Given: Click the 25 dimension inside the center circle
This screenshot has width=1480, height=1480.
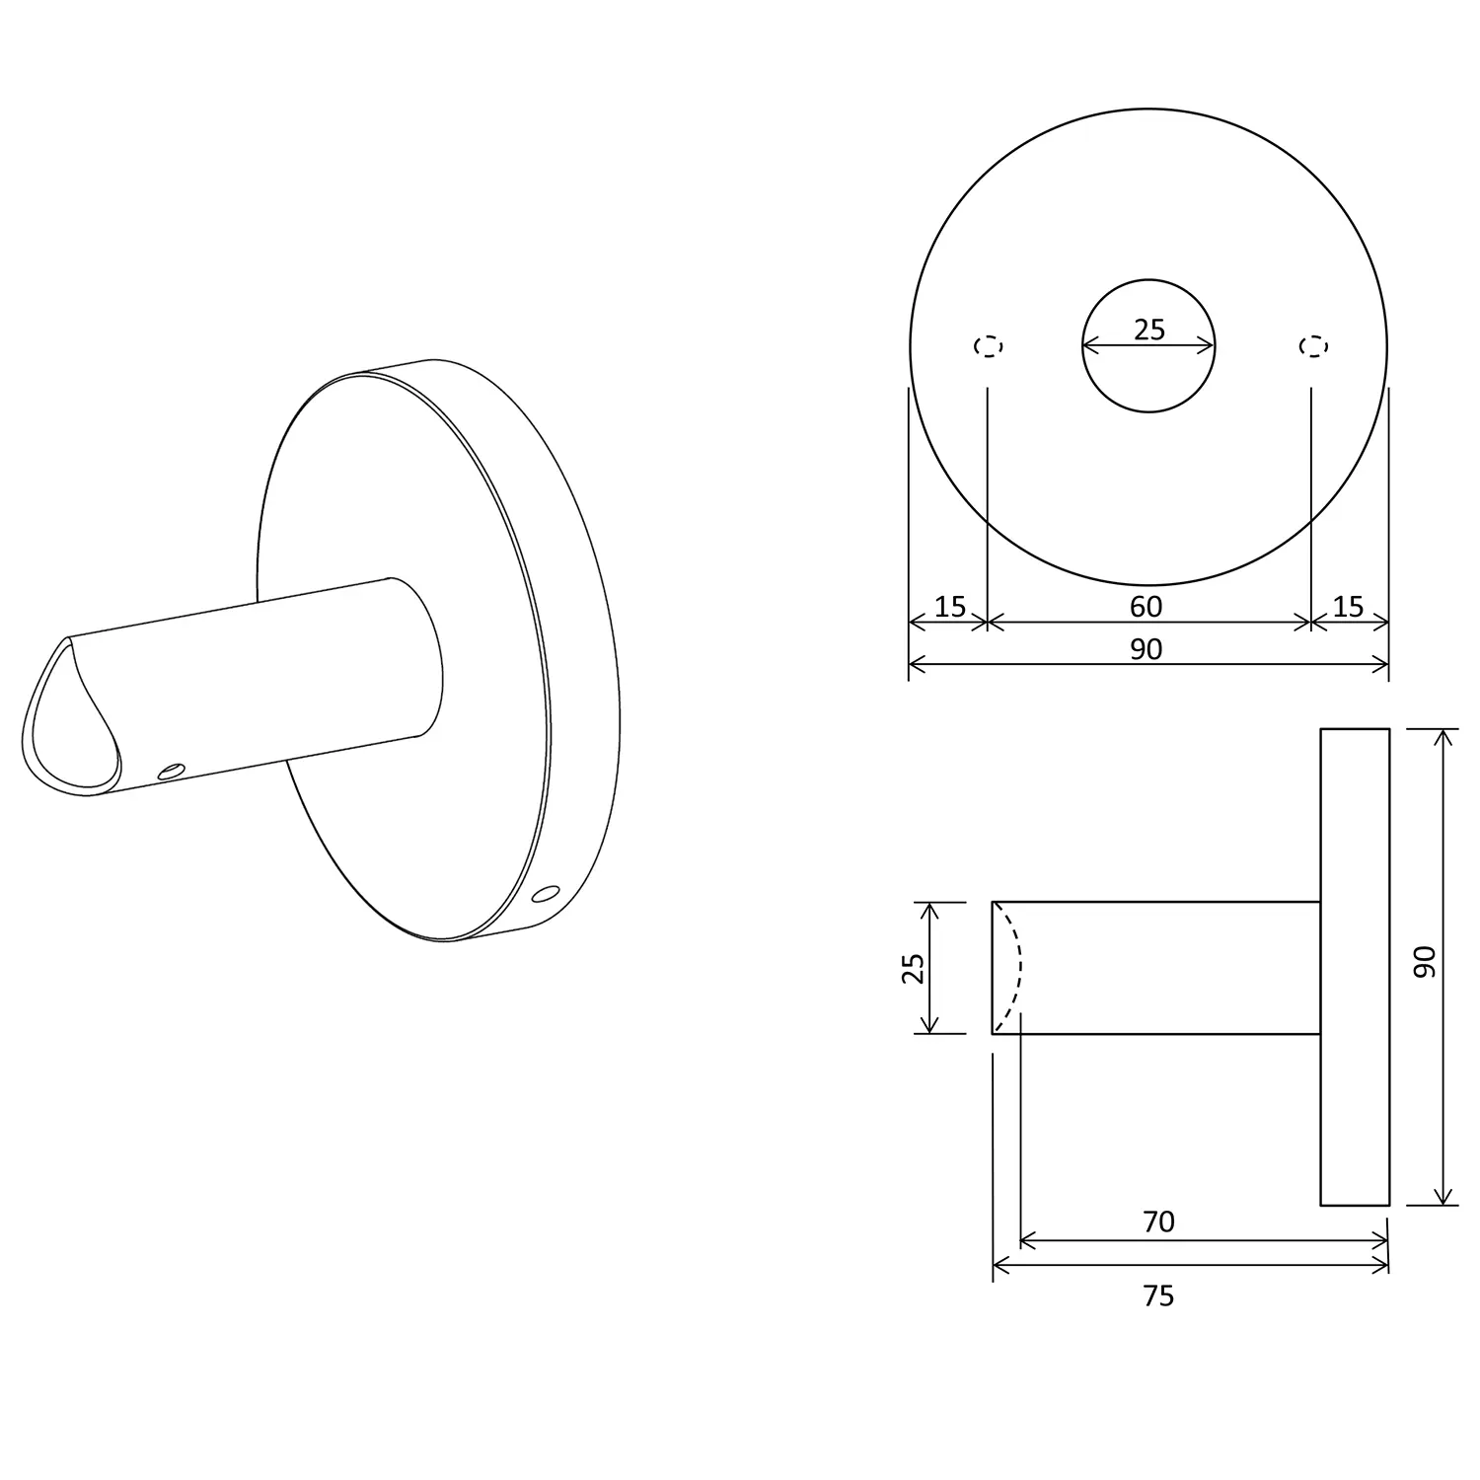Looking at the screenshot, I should pyautogui.click(x=1148, y=330).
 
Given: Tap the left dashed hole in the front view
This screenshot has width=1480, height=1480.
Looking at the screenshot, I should pyautogui.click(x=988, y=346).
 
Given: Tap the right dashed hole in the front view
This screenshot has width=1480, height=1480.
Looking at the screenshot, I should pyautogui.click(x=1312, y=346).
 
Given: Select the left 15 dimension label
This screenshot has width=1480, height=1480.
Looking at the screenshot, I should pyautogui.click(x=949, y=607).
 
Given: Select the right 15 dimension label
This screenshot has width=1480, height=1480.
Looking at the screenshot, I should pyautogui.click(x=1348, y=607).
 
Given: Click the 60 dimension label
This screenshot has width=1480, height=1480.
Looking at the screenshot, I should pyautogui.click(x=1146, y=607).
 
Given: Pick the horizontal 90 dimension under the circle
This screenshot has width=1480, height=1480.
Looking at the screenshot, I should pyautogui.click(x=1146, y=649).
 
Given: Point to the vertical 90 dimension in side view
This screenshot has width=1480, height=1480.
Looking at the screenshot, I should pyautogui.click(x=1424, y=961).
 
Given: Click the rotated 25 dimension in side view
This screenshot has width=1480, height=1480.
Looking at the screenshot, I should pyautogui.click(x=914, y=968).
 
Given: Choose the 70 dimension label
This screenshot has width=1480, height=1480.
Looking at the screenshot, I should pyautogui.click(x=1158, y=1222).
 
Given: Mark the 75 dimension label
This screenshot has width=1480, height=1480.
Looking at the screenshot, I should pyautogui.click(x=1158, y=1295).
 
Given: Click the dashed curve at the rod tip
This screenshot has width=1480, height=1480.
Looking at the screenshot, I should pyautogui.click(x=1017, y=967).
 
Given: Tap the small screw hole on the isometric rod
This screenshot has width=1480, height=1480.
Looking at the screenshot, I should pyautogui.click(x=171, y=770).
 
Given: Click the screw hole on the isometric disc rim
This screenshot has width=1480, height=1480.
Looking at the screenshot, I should pyautogui.click(x=543, y=895).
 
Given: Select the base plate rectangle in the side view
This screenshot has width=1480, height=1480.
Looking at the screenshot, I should pyautogui.click(x=1355, y=967).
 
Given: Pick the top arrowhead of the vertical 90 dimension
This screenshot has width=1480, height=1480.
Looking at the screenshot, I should pyautogui.click(x=1443, y=736).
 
